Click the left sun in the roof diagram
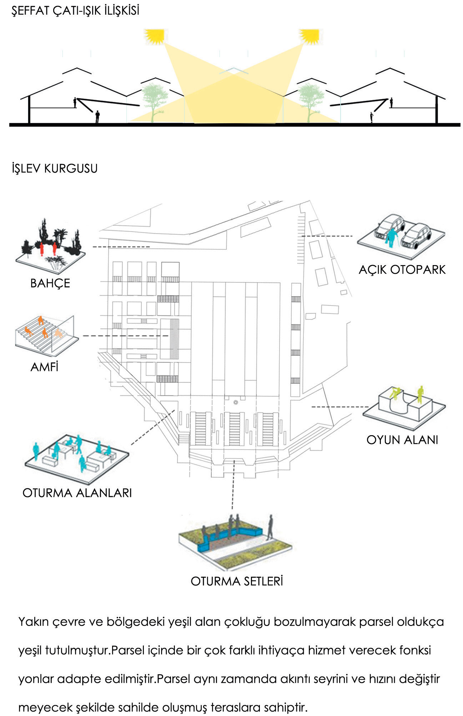[x=154, y=36]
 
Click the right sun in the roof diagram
[x=309, y=36]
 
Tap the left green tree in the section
[x=155, y=102]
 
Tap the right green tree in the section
[x=311, y=102]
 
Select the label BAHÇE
[x=50, y=283]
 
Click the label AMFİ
[x=44, y=367]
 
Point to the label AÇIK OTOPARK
[x=402, y=269]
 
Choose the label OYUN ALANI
[x=402, y=439]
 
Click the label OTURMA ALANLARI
[x=77, y=493]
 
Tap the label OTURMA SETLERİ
[x=237, y=581]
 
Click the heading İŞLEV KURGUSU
[x=54, y=168]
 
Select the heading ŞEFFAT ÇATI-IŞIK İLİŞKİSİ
[x=75, y=10]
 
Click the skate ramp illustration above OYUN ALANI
[x=404, y=407]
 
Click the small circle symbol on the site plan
[x=236, y=402]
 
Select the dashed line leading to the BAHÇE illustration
[x=121, y=247]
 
